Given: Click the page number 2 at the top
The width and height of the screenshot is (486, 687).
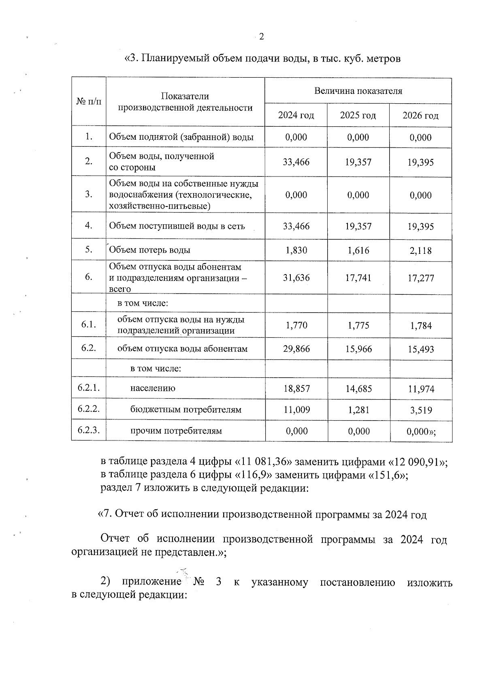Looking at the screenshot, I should [x=261, y=37].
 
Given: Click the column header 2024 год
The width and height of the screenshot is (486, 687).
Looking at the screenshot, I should [x=296, y=115].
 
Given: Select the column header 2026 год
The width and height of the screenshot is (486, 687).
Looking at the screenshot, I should [x=420, y=116].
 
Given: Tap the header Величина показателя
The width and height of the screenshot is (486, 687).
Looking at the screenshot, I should [x=358, y=91].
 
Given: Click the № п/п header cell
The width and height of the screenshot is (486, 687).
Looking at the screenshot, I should [x=89, y=102].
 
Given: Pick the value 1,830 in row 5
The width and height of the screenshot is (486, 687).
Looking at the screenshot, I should [x=296, y=250].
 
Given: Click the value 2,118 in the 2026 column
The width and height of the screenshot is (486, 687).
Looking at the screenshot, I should [x=420, y=251].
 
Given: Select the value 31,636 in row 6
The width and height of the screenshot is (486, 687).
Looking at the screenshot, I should [x=296, y=278].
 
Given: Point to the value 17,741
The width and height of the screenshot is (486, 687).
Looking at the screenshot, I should [x=358, y=278].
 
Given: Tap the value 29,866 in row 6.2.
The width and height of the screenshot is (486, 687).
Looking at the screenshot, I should [x=296, y=349].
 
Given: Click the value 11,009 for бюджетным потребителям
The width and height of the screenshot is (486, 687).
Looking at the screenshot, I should [x=296, y=410].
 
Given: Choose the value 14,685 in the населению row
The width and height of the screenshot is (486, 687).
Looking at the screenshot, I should [x=358, y=389].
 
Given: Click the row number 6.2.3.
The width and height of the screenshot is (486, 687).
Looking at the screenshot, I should [x=89, y=430].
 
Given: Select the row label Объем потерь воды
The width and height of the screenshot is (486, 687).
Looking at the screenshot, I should [x=150, y=250].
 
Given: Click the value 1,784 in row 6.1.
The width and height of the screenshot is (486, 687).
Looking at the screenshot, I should [x=421, y=325].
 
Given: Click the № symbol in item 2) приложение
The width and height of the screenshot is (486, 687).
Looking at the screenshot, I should [x=198, y=582].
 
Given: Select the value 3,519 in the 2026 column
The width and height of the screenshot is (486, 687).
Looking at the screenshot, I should [x=421, y=410].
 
